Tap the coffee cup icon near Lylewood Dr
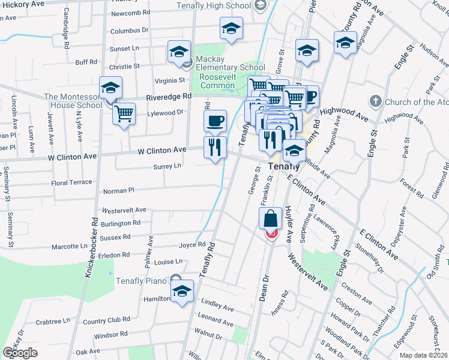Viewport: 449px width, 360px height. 215,121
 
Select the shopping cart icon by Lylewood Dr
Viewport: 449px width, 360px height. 124,112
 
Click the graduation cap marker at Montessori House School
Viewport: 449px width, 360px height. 110,88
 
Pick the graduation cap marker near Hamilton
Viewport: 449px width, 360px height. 181,291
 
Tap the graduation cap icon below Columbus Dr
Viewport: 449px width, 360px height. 231,28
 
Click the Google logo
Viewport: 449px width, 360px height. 20,352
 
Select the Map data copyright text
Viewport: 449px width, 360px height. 423,355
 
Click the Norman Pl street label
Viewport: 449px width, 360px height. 118,191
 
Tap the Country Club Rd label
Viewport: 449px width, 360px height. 106,320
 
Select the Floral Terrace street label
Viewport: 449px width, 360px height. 72,182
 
